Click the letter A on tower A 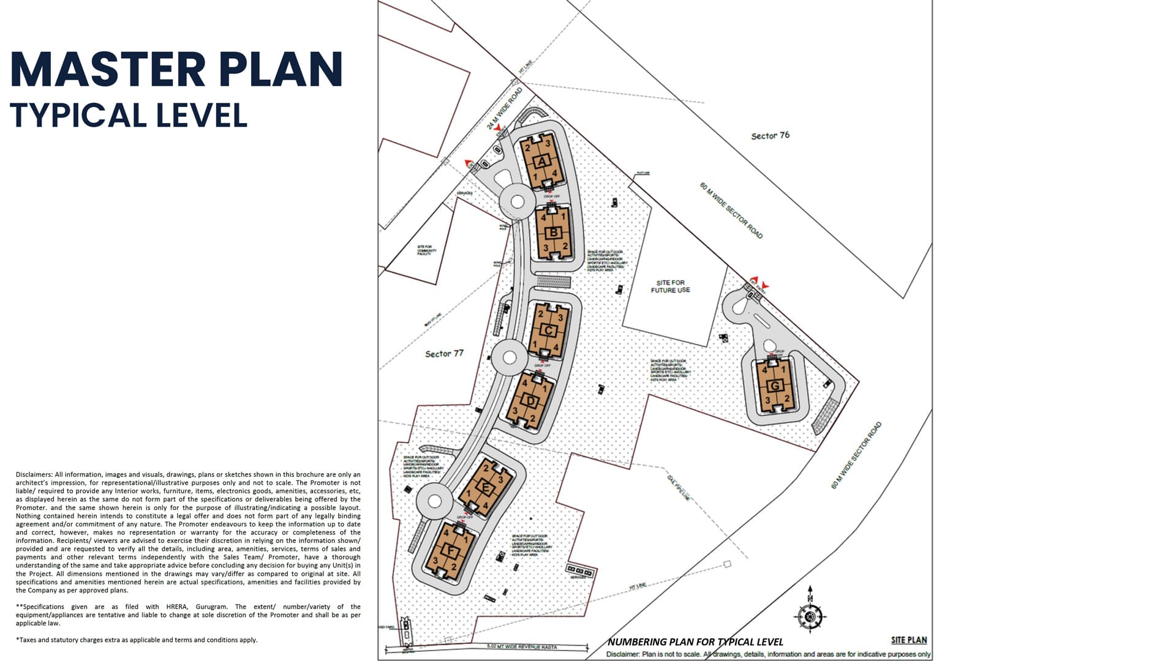pyautogui.click(x=541, y=162)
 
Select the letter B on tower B pyautogui.click(x=554, y=233)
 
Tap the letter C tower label pyautogui.click(x=549, y=331)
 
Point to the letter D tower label pyautogui.click(x=531, y=401)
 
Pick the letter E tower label pyautogui.click(x=486, y=488)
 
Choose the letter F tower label pyautogui.click(x=452, y=551)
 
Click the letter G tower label pyautogui.click(x=775, y=386)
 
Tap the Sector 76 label pyautogui.click(x=770, y=135)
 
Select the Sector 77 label pyautogui.click(x=444, y=354)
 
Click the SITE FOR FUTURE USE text pyautogui.click(x=670, y=286)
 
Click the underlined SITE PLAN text pyautogui.click(x=908, y=640)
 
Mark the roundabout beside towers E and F pyautogui.click(x=434, y=501)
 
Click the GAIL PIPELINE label pyautogui.click(x=679, y=488)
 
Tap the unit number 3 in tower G pyautogui.click(x=767, y=401)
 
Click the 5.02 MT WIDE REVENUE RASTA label pyautogui.click(x=522, y=646)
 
